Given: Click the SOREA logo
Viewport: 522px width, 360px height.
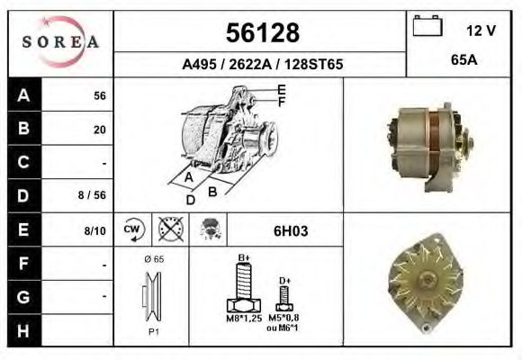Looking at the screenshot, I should coord(60,42).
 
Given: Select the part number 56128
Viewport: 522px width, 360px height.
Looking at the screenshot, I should coord(261,33).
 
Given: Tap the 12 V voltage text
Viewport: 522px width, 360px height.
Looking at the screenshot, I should coord(481,31).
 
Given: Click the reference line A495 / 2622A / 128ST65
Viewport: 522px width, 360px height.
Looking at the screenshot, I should coord(262,65).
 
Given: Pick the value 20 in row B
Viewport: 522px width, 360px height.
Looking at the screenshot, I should coord(99,130).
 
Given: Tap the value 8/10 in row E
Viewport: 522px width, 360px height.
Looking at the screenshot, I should coord(94,230).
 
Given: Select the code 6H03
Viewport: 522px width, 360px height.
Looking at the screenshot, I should coord(290,230).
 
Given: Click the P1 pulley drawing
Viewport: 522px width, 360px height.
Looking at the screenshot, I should coord(151,297).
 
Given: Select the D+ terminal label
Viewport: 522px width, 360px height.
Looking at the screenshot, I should coord(284,281).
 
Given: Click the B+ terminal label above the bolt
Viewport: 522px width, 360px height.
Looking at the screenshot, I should coord(243,257).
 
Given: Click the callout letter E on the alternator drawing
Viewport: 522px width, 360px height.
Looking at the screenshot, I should coord(282,89).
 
